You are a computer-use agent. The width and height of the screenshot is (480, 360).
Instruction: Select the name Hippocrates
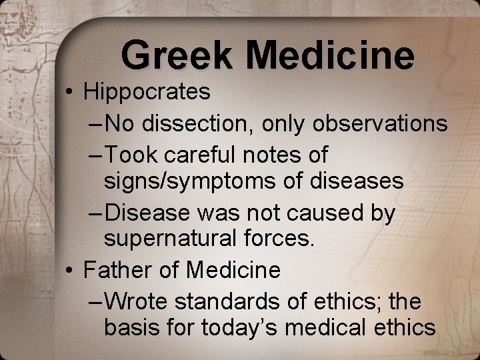coord(147,92)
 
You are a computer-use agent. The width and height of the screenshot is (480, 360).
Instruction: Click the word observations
coord(382,123)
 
